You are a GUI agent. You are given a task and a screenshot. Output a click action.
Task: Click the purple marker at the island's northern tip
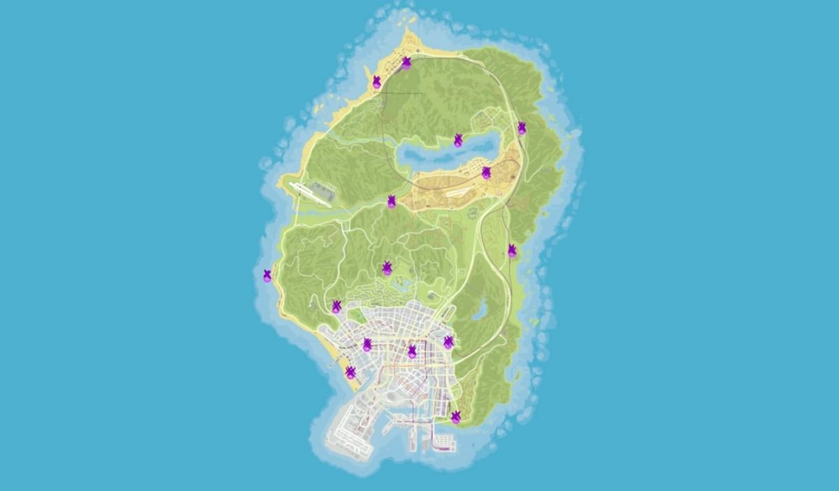(x=406, y=63)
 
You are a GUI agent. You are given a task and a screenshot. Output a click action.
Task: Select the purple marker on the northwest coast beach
(x=377, y=82)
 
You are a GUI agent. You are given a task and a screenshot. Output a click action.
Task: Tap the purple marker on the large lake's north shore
(x=458, y=140)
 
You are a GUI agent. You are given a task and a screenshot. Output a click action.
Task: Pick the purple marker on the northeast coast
(x=522, y=127)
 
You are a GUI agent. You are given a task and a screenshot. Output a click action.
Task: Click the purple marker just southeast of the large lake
(x=486, y=172)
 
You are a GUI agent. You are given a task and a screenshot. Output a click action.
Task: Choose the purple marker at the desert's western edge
(x=392, y=201)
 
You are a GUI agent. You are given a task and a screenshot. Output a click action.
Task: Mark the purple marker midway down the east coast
(x=512, y=250)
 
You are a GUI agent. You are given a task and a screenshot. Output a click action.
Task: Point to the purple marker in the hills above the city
(x=387, y=268)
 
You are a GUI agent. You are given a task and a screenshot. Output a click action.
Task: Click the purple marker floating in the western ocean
(x=267, y=276)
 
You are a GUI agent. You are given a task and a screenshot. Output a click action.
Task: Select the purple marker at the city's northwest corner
(x=336, y=306)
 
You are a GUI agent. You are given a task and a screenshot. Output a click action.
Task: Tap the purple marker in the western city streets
(x=367, y=344)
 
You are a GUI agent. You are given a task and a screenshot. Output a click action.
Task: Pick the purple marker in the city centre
(x=412, y=351)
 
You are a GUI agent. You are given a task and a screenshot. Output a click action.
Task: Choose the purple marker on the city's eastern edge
(x=448, y=342)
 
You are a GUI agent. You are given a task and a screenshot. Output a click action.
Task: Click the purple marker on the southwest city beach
(x=350, y=372)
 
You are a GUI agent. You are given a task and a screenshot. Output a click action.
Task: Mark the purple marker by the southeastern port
(x=456, y=418)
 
